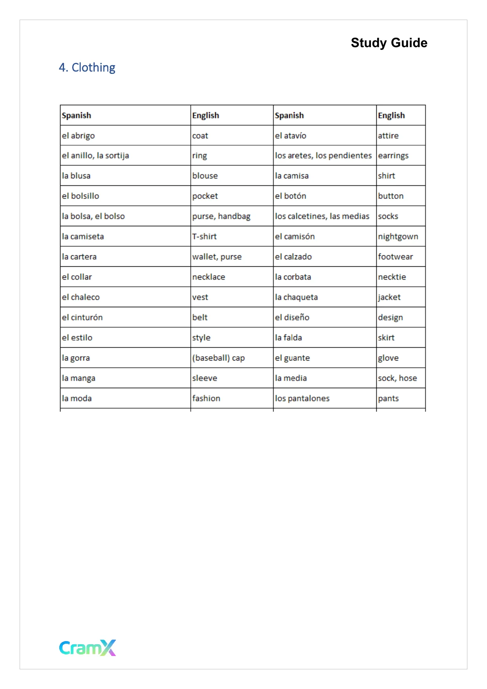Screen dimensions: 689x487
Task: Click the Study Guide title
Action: (x=389, y=43)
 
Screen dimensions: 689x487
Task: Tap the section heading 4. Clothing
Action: (x=87, y=68)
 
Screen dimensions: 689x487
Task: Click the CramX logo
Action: (x=88, y=647)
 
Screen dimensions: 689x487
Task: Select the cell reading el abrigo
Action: (x=78, y=136)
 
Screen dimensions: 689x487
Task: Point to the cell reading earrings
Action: (x=393, y=156)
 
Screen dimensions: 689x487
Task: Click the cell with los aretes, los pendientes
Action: (x=323, y=156)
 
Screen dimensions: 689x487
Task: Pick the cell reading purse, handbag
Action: (x=221, y=216)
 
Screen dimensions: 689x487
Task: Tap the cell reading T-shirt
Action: (x=204, y=236)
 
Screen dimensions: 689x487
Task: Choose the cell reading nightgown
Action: (x=398, y=237)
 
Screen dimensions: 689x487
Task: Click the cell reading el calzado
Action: (x=293, y=257)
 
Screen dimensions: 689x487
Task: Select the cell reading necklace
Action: (x=209, y=277)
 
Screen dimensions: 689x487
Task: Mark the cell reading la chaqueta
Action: (x=296, y=297)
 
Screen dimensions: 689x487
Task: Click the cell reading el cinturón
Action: (x=82, y=317)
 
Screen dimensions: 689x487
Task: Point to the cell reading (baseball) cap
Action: (x=219, y=358)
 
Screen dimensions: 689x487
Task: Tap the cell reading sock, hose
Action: (x=397, y=378)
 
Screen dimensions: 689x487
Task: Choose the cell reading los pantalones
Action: (x=302, y=398)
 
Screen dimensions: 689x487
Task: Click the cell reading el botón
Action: (x=290, y=196)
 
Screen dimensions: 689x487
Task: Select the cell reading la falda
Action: (x=288, y=338)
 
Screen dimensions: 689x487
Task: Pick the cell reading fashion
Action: (x=206, y=398)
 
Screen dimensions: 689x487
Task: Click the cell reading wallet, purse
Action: (x=217, y=257)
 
